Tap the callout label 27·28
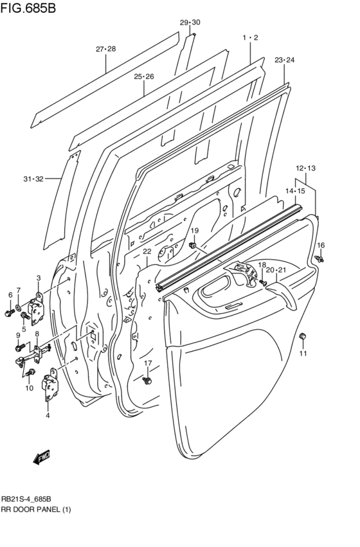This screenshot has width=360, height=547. pos(106,49)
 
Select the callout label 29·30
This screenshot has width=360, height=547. pos(190,22)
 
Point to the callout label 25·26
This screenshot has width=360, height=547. pos(144,76)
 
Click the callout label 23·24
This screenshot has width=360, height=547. pos(284,60)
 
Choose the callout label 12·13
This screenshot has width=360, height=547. pos(306,168)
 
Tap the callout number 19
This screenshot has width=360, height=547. pos(194,231)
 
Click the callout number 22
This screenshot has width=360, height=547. pos(147,251)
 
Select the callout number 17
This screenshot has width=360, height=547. pos(148,363)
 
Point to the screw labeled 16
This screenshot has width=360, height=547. pos(319,258)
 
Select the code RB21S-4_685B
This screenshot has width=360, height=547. pos(26,499)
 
